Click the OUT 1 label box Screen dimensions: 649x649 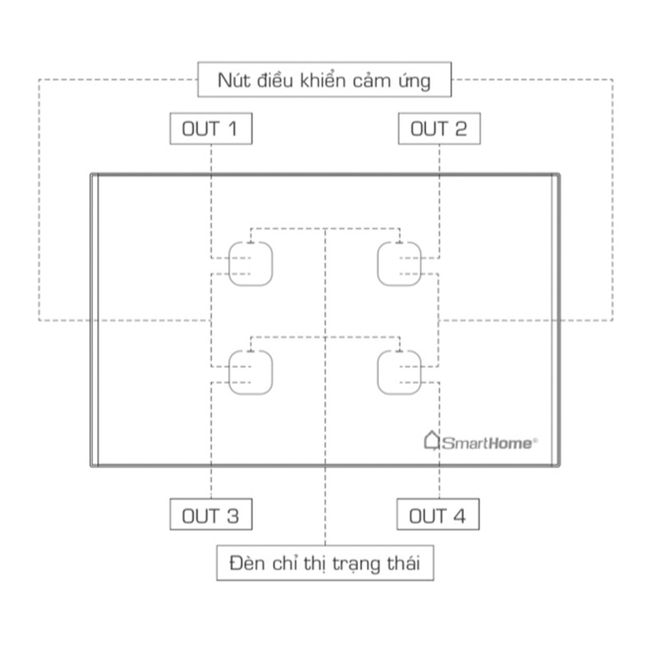pyautogui.click(x=211, y=129)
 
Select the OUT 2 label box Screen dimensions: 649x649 pyautogui.click(x=439, y=129)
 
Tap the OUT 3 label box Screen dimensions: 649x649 pyautogui.click(x=211, y=515)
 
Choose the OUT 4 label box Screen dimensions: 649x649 pyautogui.click(x=438, y=515)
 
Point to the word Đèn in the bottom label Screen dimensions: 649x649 pyautogui.click(x=245, y=563)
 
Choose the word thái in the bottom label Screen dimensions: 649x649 pyautogui.click(x=404, y=563)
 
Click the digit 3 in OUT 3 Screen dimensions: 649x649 pyautogui.click(x=233, y=516)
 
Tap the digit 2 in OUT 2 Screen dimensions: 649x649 pyautogui.click(x=461, y=129)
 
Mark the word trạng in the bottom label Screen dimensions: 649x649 pyautogui.click(x=356, y=565)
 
